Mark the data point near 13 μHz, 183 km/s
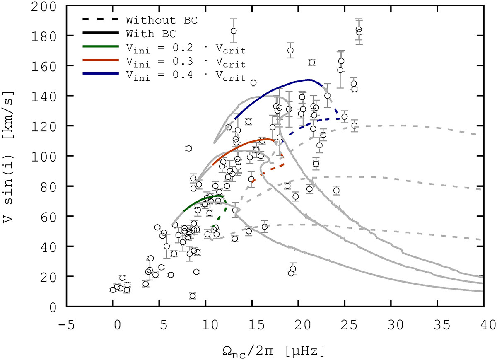(x=234, y=31)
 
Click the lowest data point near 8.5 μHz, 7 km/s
(x=192, y=296)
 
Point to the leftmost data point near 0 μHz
(x=113, y=290)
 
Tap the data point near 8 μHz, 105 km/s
(x=188, y=148)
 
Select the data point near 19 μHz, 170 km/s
(x=290, y=51)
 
